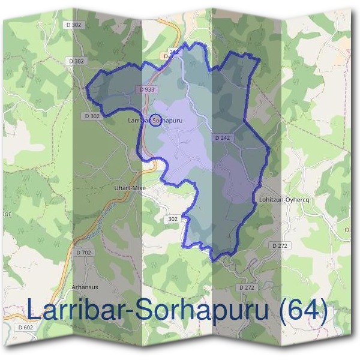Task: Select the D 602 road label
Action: tap(26, 326)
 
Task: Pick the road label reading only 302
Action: tap(173, 220)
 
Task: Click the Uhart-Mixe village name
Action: tap(130, 188)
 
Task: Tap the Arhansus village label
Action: tap(83, 287)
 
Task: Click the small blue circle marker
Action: tap(155, 121)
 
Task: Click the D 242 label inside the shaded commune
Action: tap(222, 138)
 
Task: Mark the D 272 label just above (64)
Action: tap(247, 288)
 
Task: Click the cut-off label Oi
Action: tap(347, 229)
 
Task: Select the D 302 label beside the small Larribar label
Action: tap(92, 116)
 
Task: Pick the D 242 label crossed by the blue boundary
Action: tap(172, 53)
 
